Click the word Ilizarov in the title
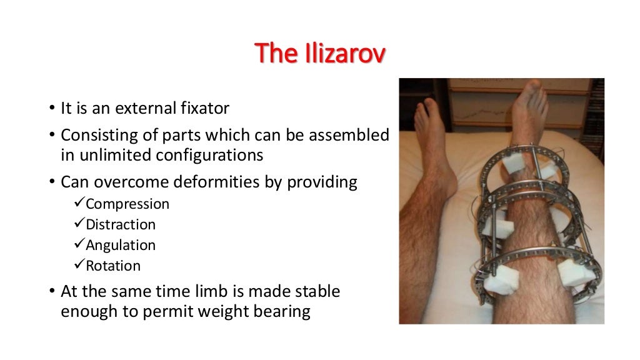[x=347, y=54]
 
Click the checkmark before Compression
[x=79, y=204]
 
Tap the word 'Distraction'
[x=121, y=224]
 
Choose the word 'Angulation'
[x=121, y=244]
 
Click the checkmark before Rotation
[x=79, y=265]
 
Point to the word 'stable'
[x=319, y=291]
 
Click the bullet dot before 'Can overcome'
[x=53, y=183]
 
